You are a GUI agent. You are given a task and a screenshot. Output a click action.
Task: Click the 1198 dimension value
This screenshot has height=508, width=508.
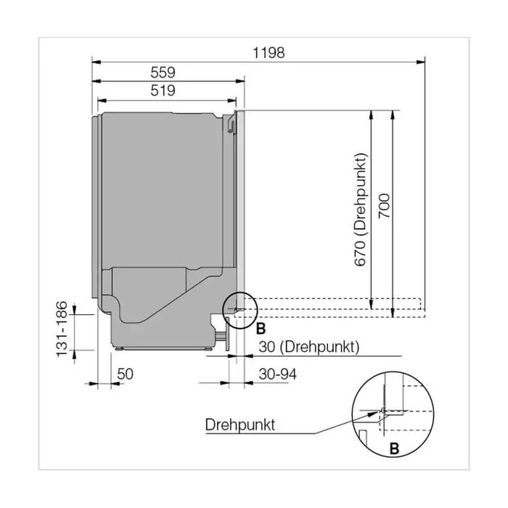click(269, 53)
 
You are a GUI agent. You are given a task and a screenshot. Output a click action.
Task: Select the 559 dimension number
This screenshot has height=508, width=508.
click(163, 73)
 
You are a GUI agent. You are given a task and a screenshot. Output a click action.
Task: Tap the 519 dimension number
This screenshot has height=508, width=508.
click(163, 91)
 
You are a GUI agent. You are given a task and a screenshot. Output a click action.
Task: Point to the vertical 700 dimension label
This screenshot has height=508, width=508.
click(385, 206)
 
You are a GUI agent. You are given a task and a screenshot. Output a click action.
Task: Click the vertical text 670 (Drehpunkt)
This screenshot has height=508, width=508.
click(360, 210)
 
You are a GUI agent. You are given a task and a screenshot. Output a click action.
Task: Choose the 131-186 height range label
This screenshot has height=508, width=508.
click(62, 329)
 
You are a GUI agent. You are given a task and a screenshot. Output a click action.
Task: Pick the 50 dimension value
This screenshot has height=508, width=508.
click(125, 374)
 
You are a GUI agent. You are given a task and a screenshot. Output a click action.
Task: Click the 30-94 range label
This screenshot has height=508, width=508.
click(278, 374)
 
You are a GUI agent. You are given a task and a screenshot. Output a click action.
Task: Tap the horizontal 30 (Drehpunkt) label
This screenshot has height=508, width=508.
click(309, 347)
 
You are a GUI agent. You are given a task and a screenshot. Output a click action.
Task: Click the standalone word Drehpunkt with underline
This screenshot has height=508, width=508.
click(240, 425)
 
